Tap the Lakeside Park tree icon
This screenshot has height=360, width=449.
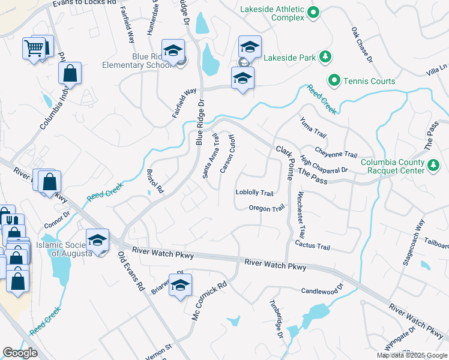[325, 57]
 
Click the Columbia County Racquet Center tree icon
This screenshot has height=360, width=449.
[433, 164]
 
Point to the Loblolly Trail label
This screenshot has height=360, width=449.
[255, 193]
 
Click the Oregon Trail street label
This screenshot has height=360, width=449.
[267, 208]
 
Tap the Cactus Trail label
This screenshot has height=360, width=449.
[312, 246]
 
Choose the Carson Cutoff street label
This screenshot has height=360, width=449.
[228, 154]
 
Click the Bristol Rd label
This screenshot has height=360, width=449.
[155, 181]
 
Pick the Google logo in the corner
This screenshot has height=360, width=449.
[20, 353]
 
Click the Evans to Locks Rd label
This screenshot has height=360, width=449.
[84, 3]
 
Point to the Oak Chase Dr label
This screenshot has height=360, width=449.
[362, 44]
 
